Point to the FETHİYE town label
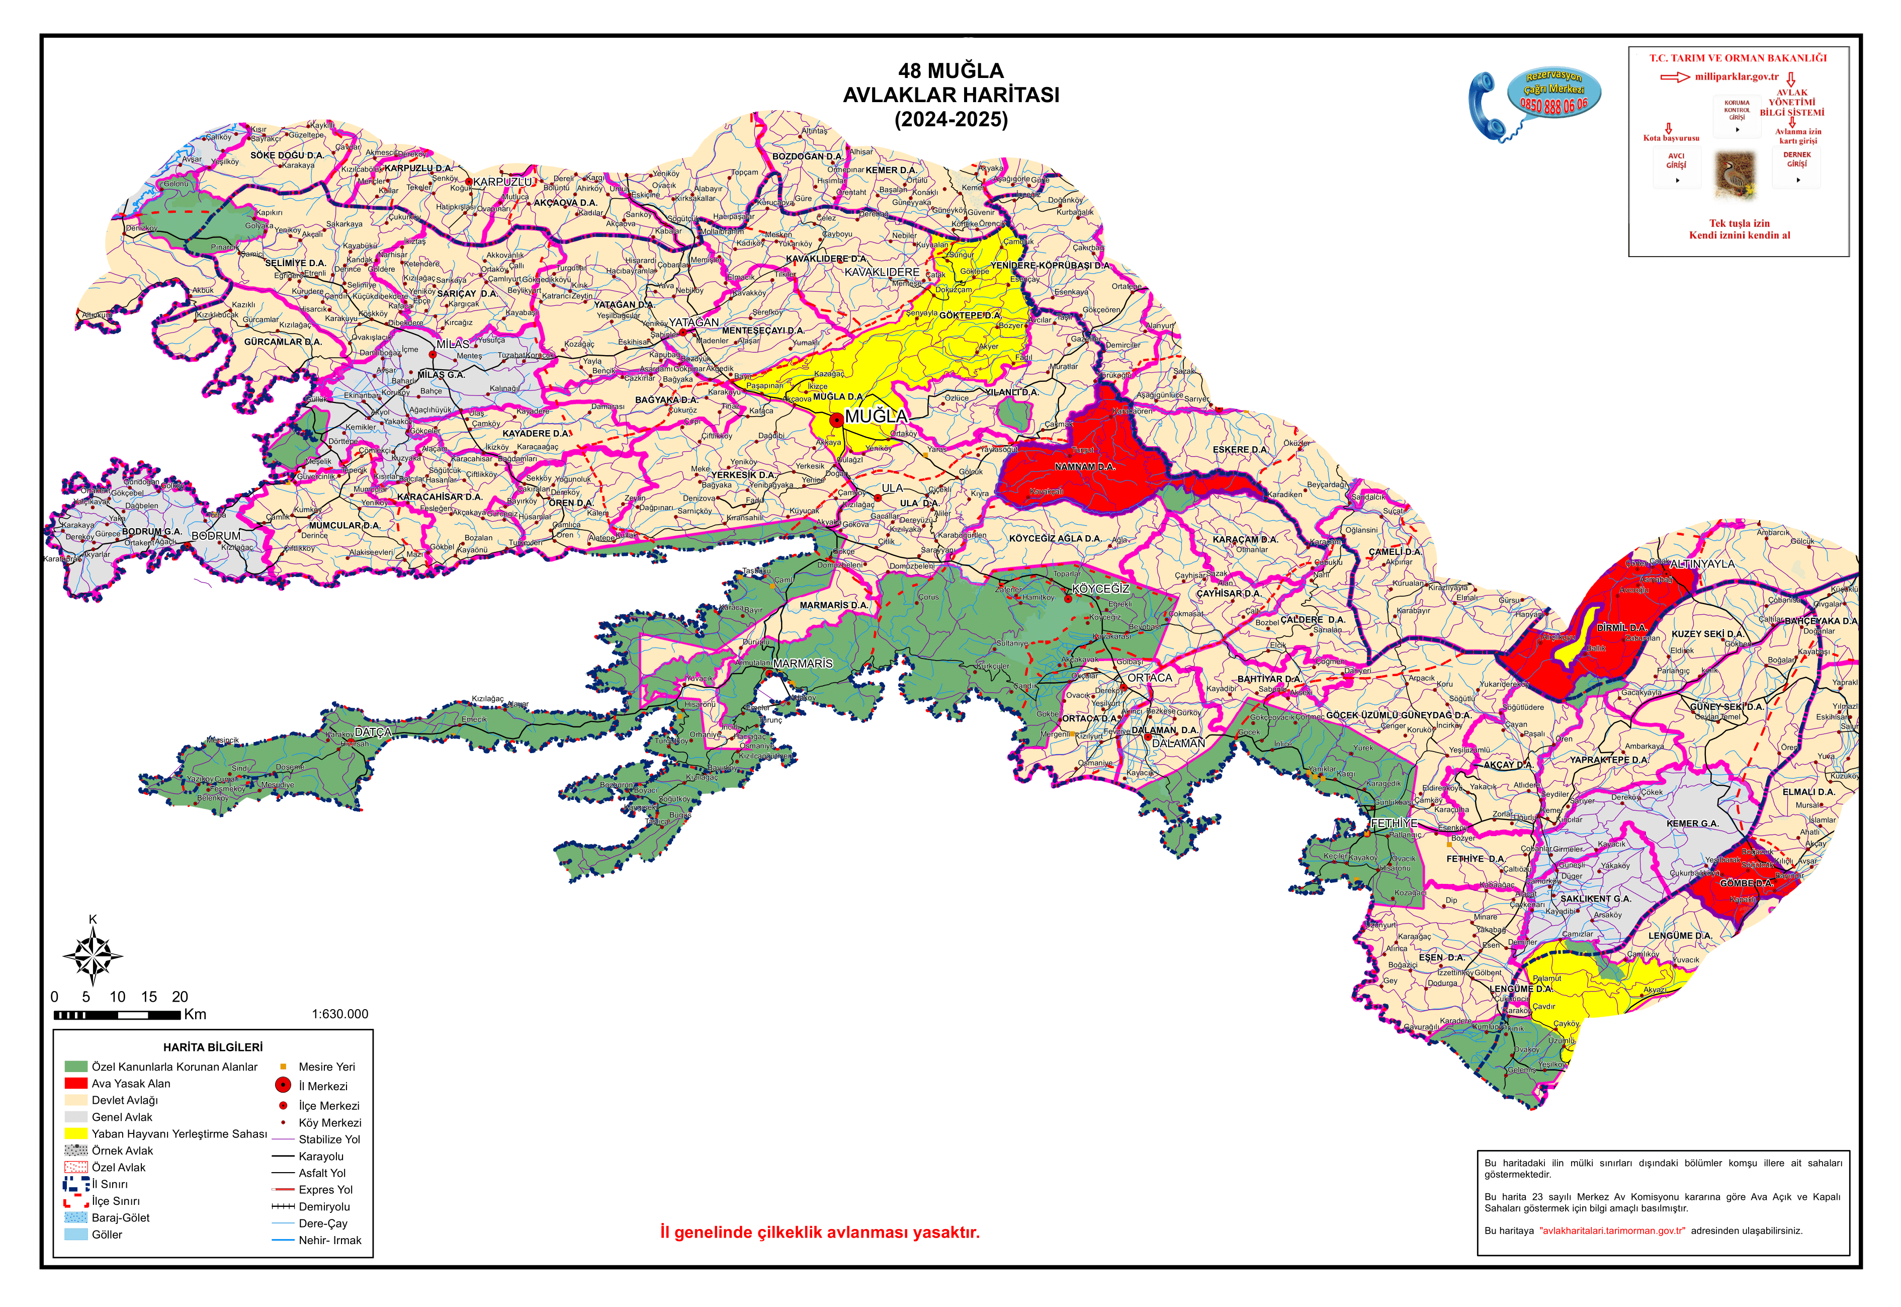[x=1394, y=823]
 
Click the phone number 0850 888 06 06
[x=1553, y=105]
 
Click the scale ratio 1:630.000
[x=340, y=1014]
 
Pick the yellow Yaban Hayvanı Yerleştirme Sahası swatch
[x=75, y=1133]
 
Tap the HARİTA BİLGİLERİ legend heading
[x=213, y=1046]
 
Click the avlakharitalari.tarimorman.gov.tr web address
[x=1611, y=1230]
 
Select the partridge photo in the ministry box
[x=1736, y=175]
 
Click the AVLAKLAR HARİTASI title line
[x=950, y=95]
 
